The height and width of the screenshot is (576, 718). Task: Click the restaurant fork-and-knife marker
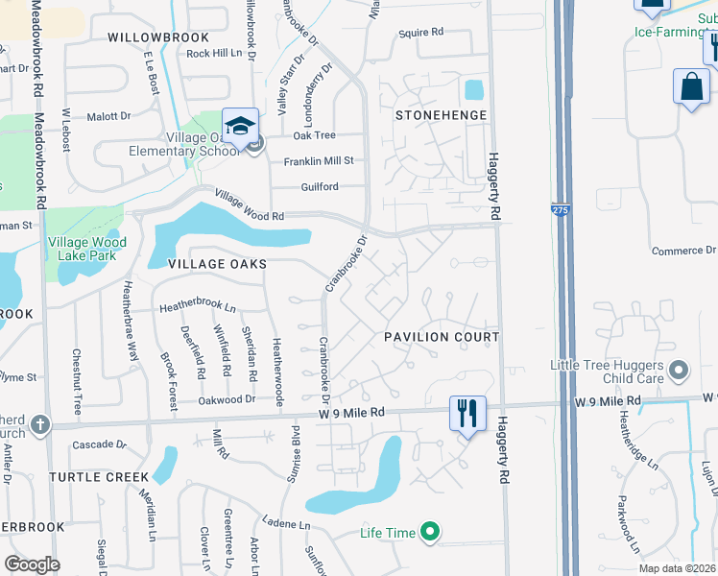pos(468,414)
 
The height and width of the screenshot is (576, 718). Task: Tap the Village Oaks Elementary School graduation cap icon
pos(239,125)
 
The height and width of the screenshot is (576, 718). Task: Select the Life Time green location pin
pos(431,532)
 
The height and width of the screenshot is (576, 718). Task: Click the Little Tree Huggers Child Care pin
pos(680,370)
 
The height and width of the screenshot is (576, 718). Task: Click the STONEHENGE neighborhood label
pos(442,115)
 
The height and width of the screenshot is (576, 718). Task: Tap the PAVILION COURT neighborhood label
pos(442,337)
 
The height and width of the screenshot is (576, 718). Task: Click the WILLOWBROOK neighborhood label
pos(157,36)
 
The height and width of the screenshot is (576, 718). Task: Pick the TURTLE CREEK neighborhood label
pos(100,477)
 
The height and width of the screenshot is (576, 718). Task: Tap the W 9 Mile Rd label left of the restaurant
pos(352,412)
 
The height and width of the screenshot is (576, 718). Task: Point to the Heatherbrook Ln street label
pos(197,306)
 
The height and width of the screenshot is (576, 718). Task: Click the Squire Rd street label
pos(421,33)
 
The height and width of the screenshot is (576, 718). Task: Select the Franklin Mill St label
pos(319,161)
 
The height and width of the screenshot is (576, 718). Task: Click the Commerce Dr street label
pos(678,251)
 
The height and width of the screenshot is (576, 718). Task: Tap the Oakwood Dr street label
pos(227,398)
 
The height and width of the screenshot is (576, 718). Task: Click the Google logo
pos(32,564)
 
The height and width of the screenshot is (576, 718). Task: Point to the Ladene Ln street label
pos(292,526)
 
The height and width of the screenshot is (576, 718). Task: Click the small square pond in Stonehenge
pos(473,91)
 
